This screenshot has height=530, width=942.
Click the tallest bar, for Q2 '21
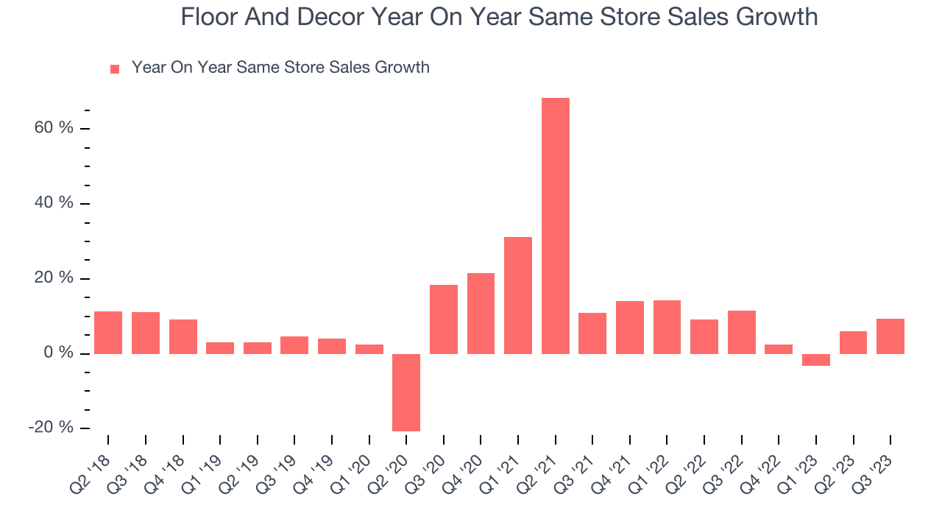pos(555,225)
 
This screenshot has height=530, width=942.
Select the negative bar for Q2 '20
pos(406,392)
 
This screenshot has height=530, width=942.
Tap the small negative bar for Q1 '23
pos(815,359)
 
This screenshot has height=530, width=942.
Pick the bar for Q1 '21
pos(518,295)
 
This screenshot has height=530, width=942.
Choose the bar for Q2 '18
pos(108,333)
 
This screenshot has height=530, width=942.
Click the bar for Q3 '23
pos(890,336)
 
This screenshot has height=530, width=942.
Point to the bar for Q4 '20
pos(481,314)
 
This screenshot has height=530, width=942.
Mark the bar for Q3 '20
pos(444,319)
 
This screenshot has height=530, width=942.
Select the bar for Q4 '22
pos(779,349)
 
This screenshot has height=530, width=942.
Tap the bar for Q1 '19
pos(220,347)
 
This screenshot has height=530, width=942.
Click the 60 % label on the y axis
pos(54,128)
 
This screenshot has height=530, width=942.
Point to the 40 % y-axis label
pos(54,203)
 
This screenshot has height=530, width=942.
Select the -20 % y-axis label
pos(51,428)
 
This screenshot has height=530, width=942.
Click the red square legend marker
pos(115,69)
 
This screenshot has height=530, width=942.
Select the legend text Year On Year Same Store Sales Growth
pos(280,68)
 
